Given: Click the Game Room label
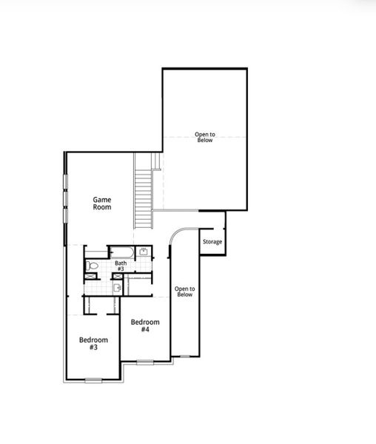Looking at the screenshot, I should click(x=102, y=203).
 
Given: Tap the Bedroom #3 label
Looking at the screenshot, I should click(x=93, y=343).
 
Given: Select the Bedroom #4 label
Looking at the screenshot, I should click(x=145, y=326).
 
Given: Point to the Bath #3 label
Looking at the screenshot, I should click(x=120, y=266).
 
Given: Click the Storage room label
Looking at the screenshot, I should click(x=212, y=242).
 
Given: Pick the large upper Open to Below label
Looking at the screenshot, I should click(x=204, y=137).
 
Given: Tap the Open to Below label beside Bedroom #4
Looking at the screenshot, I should click(x=184, y=292).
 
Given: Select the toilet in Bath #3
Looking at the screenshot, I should click(x=91, y=264).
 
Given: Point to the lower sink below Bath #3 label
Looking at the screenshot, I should click(x=118, y=287).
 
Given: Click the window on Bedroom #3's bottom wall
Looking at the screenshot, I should click(x=93, y=380).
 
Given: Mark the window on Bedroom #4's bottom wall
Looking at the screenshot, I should click(x=145, y=362).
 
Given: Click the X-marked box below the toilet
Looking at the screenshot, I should click(x=91, y=277).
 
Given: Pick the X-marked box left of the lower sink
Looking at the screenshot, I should click(x=115, y=277).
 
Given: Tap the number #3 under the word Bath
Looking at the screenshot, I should click(x=120, y=269).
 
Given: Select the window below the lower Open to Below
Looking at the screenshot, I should click(x=184, y=357).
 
